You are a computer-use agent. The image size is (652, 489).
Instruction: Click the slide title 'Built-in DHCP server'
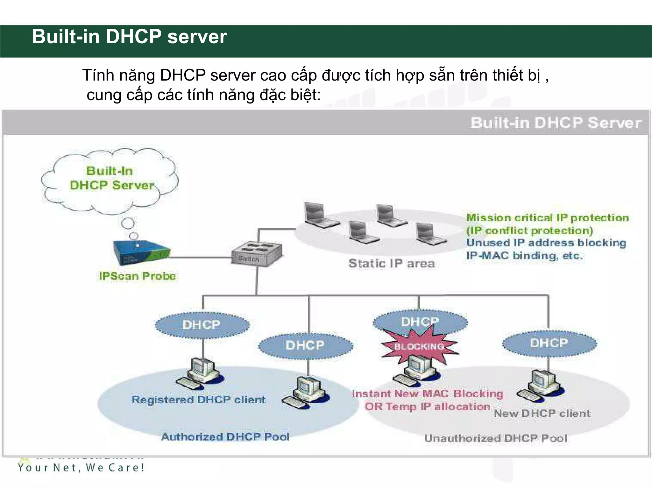(129, 37)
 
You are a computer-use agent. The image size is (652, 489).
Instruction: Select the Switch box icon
(257, 254)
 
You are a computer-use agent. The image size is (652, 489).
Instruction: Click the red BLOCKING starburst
(419, 346)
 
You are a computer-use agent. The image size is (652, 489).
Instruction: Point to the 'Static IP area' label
(392, 264)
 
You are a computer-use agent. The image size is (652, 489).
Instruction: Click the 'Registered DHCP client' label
(198, 400)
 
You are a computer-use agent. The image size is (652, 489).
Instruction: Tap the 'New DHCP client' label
(542, 414)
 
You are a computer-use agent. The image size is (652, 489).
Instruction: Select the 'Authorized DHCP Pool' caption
(225, 437)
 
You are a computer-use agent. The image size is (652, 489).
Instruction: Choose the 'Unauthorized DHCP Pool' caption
(496, 438)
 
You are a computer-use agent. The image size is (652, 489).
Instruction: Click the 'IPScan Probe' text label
(137, 276)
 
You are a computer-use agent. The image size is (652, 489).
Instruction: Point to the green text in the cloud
(111, 178)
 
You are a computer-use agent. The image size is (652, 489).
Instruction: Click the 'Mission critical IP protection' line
(548, 218)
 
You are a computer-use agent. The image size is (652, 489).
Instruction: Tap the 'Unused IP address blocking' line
(546, 243)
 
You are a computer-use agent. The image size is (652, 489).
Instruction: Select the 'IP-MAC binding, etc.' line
(524, 256)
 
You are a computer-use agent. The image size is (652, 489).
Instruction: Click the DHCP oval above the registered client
(202, 325)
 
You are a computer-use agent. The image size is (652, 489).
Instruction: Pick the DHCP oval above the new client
(549, 343)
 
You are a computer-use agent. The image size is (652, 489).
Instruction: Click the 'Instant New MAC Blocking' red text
(427, 394)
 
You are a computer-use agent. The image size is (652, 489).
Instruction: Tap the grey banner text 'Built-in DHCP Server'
(556, 123)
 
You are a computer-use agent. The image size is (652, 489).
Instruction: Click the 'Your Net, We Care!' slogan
(81, 468)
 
